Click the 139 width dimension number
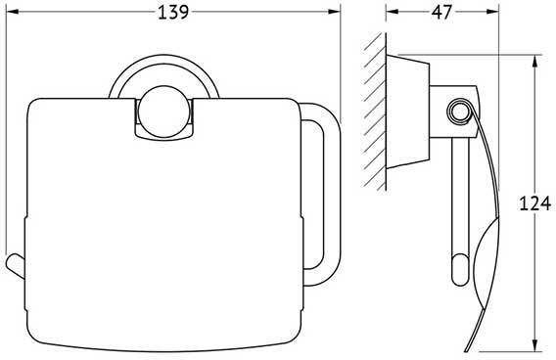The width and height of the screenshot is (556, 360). (173, 13)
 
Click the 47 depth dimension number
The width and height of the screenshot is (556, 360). (441, 13)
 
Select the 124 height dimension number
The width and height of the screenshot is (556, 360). (535, 203)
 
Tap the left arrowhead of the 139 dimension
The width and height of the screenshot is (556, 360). (13, 12)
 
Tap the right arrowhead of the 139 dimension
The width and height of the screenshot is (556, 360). (334, 12)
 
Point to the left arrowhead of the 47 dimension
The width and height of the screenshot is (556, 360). (392, 12)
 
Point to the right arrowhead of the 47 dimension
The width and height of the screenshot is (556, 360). (492, 12)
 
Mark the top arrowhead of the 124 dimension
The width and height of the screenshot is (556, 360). (534, 61)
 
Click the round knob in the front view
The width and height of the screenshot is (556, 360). (163, 112)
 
